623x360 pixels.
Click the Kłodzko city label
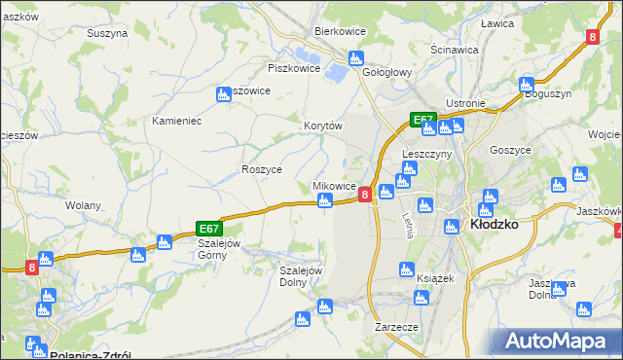(x=494, y=223)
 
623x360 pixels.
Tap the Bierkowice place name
(x=339, y=31)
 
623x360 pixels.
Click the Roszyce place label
(x=261, y=169)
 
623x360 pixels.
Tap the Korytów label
(x=323, y=126)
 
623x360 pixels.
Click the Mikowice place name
(x=333, y=186)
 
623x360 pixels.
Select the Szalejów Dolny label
(x=301, y=276)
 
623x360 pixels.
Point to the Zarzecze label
(x=396, y=327)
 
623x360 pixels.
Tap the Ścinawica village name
(x=454, y=49)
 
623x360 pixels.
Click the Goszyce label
(x=510, y=150)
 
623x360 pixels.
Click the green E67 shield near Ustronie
(x=421, y=120)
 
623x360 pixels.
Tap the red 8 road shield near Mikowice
(x=364, y=195)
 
